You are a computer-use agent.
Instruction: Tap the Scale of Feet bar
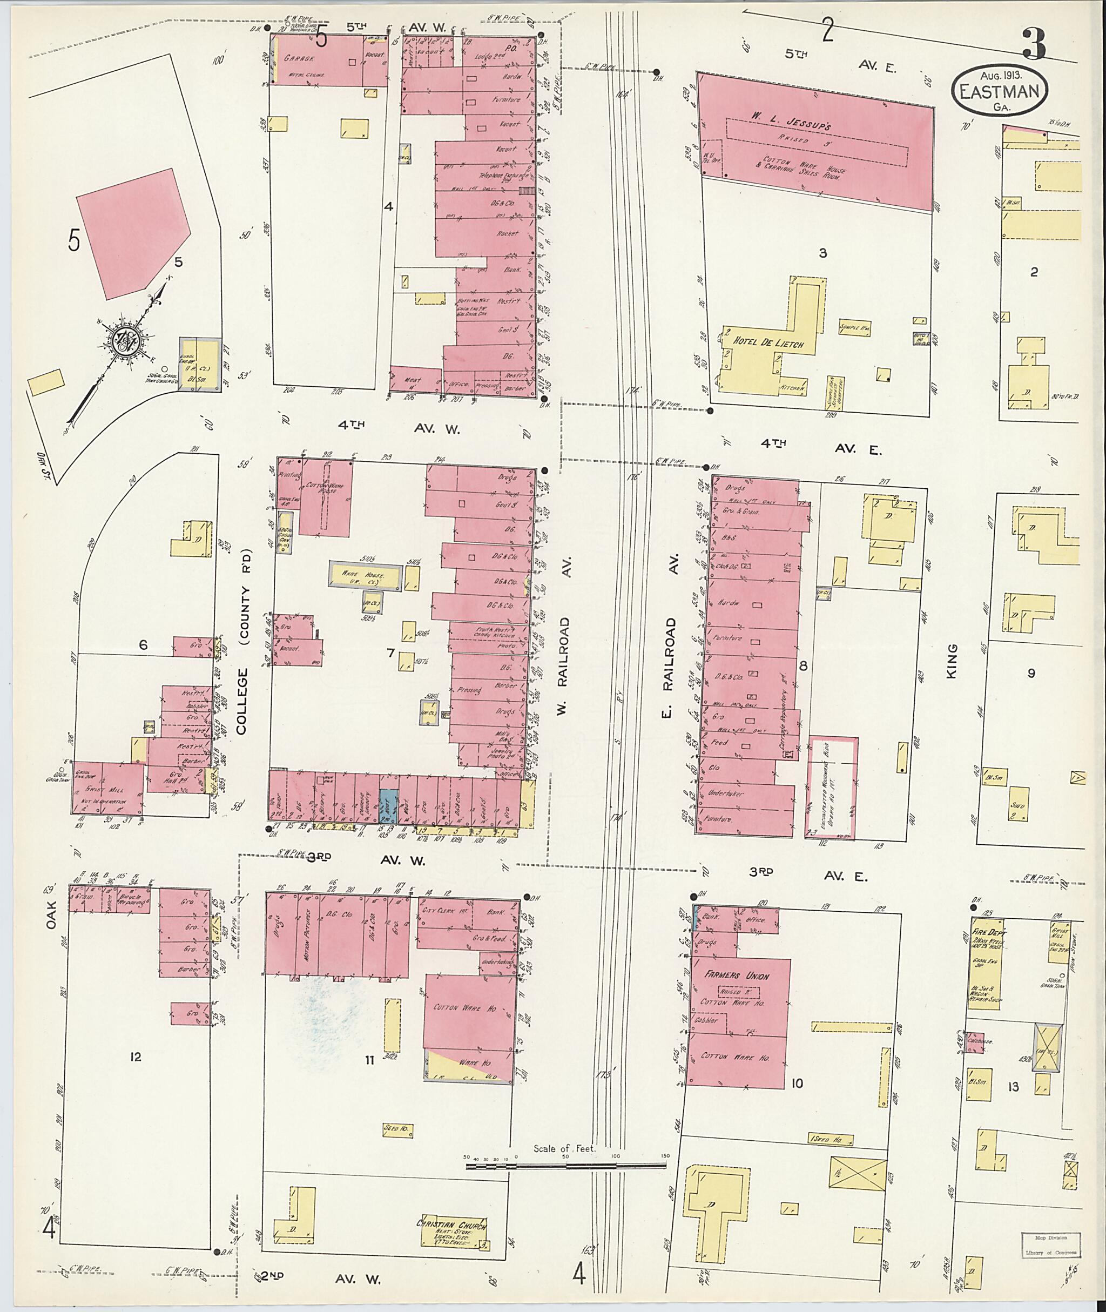click(x=566, y=1167)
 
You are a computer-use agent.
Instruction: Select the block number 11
click(x=370, y=1060)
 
